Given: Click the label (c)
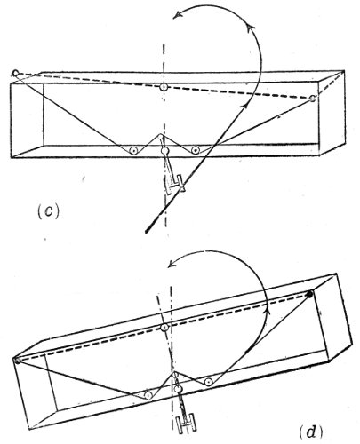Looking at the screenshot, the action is coord(49,211).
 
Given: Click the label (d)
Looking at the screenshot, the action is coord(310,432).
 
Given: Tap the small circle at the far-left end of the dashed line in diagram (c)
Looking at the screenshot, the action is coord(15,73).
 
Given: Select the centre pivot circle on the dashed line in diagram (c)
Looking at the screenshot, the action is coord(164,87).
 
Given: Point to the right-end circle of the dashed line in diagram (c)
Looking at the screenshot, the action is coord(313,99).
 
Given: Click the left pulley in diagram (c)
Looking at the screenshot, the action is coord(133,150).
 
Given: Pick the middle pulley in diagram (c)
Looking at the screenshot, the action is coord(164,151).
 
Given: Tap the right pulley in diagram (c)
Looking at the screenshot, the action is coord(195,150).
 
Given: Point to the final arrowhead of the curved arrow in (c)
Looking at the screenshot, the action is coord(177,15).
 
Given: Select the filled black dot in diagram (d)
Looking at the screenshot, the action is coord(309,295).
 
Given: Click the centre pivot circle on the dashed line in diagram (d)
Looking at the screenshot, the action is coord(164,327).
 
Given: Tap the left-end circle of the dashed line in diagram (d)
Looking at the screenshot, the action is coord(17,361).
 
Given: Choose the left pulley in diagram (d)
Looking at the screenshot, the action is coord(148,394).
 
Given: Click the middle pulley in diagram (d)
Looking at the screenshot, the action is coord(178,389).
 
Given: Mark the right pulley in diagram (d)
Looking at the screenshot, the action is coord(209,382).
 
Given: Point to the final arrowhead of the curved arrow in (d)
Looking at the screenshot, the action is coord(172,265).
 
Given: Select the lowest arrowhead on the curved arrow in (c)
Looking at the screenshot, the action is coord(244,107).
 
